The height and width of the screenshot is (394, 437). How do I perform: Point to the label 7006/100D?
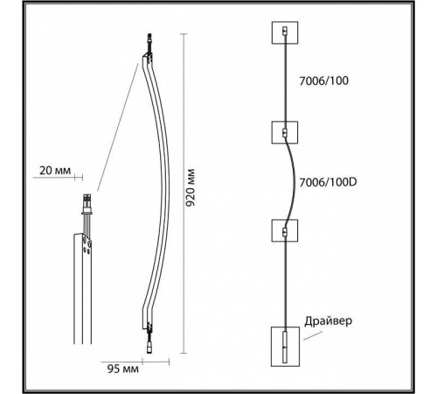328,183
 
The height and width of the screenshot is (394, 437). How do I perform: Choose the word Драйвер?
329,320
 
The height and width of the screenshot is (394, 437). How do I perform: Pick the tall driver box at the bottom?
285,347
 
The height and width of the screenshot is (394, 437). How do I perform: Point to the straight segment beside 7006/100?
285,83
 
